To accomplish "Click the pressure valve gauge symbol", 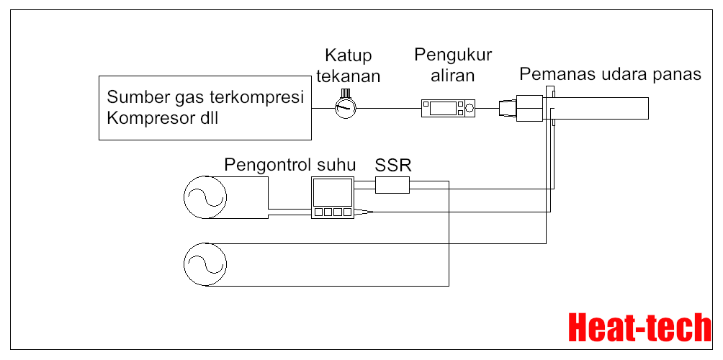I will click(x=345, y=108).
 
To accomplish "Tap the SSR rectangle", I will click(x=392, y=185).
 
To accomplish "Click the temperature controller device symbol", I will click(x=332, y=197).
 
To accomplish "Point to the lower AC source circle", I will click(x=205, y=264).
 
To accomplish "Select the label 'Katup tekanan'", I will click(x=352, y=66).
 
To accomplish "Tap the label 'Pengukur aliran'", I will click(x=453, y=65).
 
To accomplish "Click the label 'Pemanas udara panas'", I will click(x=610, y=74).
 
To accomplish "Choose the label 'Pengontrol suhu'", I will click(x=289, y=164).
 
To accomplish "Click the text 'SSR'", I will click(x=392, y=165).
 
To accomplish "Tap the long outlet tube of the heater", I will click(x=601, y=108).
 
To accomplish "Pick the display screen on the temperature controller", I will click(x=332, y=192).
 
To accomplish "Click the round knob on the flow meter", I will click(x=470, y=108).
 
